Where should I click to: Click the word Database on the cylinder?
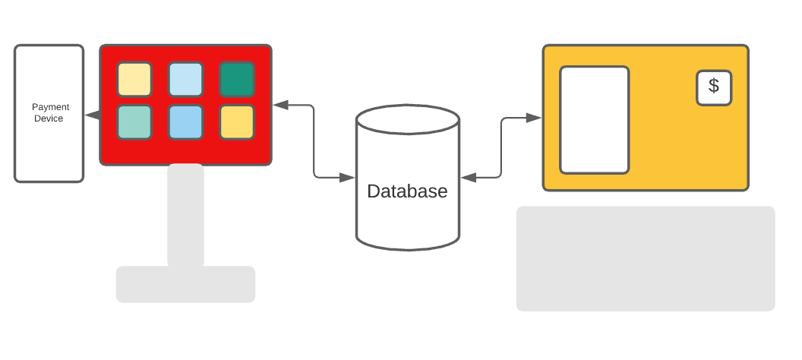click(407, 191)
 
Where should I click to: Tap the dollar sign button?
click(713, 88)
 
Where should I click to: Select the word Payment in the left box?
click(50, 107)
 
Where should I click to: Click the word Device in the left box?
click(49, 118)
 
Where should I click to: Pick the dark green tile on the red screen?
click(237, 79)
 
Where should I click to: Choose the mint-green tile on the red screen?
click(134, 122)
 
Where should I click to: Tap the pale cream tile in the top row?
click(134, 79)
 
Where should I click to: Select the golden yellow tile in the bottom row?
click(237, 122)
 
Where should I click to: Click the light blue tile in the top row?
click(185, 79)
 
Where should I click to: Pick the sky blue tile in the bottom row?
click(185, 122)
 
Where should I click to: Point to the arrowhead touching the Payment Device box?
click(92, 115)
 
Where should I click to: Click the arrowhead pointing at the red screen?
click(281, 106)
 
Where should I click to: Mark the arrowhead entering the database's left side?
click(347, 178)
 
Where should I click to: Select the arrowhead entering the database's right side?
click(469, 178)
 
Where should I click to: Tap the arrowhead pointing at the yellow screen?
click(533, 118)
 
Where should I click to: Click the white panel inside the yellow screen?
click(595, 120)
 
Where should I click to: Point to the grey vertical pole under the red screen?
click(185, 215)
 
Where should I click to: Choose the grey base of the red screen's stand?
click(185, 284)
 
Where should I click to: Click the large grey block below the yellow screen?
click(646, 259)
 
